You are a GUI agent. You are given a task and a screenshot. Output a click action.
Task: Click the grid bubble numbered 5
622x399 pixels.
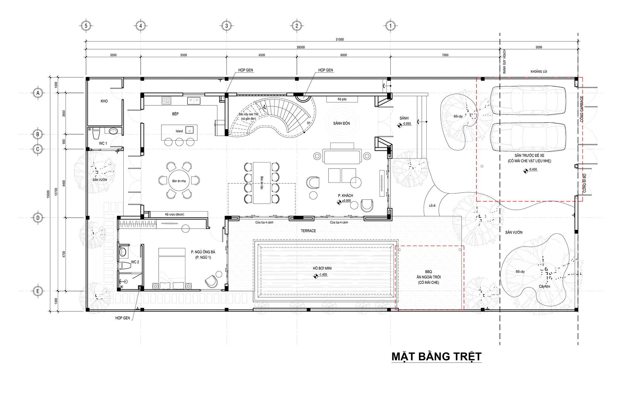coord(86,26)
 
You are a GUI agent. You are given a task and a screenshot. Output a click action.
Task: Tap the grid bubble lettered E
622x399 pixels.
coord(38,291)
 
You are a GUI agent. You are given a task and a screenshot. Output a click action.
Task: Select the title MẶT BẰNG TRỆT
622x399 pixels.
coord(436,356)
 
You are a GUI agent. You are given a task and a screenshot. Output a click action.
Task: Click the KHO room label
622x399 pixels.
coord(104,101)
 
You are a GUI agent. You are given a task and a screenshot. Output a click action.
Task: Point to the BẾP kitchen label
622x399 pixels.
coord(175,114)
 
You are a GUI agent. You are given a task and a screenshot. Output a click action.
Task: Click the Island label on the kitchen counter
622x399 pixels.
coord(179,131)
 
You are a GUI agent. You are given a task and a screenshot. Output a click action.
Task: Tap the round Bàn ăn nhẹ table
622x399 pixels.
coord(179,181)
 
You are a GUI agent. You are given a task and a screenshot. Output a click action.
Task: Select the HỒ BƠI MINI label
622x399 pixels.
coord(322,268)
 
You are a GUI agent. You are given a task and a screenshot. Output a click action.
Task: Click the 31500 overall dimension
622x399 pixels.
coord(340,39)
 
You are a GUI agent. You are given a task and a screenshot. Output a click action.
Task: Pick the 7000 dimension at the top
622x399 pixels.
coord(445,55)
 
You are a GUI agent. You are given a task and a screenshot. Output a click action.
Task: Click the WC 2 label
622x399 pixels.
coord(135,262)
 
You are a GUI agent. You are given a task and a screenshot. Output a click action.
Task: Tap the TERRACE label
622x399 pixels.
coord(308,231)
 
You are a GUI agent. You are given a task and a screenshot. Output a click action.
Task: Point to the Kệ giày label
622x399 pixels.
coord(342,99)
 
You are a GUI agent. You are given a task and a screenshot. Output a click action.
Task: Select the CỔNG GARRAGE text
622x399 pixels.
coord(582,109)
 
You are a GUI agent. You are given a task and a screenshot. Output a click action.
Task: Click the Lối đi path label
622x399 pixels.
coord(432,206)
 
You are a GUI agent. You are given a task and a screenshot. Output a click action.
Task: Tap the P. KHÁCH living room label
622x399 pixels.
coord(345,196)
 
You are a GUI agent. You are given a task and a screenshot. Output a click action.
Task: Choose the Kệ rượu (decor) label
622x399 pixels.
coord(174,214)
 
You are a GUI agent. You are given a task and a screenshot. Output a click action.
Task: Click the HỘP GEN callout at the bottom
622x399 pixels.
coord(122,318)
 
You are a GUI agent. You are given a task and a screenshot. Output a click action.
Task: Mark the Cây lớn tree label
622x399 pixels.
coord(545,286)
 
